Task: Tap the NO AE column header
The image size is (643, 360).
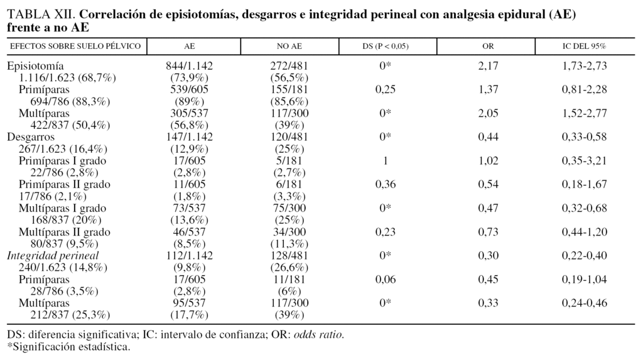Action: click(x=289, y=46)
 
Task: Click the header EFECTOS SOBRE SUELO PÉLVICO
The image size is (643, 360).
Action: click(x=75, y=46)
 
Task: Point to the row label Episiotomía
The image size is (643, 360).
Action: click(x=36, y=65)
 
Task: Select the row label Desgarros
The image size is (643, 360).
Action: click(x=31, y=137)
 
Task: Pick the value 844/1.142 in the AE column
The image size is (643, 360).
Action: click(x=189, y=65)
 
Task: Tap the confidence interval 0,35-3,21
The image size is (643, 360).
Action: click(x=584, y=161)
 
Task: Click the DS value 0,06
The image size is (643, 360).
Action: click(x=386, y=280)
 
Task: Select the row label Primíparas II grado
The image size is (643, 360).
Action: click(x=65, y=185)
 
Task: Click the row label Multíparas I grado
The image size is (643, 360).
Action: click(x=63, y=209)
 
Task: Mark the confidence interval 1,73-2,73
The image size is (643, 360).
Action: click(x=584, y=65)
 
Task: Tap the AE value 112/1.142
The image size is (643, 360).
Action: click(x=189, y=256)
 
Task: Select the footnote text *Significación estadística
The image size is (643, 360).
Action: click(x=68, y=346)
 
